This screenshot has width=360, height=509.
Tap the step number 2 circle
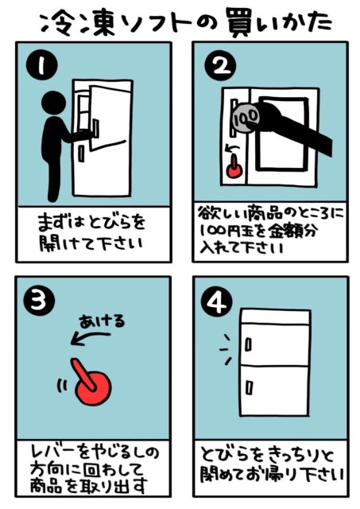click(221, 66)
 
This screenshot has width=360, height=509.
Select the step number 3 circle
click(40, 300)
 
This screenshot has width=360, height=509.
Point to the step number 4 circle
click(217, 301)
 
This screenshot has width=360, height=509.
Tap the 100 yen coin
click(246, 118)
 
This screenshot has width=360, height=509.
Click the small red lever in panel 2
click(233, 168)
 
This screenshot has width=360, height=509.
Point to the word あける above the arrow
click(102, 321)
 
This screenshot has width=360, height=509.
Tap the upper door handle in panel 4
click(248, 344)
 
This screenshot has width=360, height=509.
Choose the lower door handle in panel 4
click(249, 387)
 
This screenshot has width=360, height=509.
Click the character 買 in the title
click(242, 24)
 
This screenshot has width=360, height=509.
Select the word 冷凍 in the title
click(79, 25)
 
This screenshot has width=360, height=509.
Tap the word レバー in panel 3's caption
click(54, 453)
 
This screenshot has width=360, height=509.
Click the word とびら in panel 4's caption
click(226, 454)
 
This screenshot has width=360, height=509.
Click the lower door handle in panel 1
click(81, 153)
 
